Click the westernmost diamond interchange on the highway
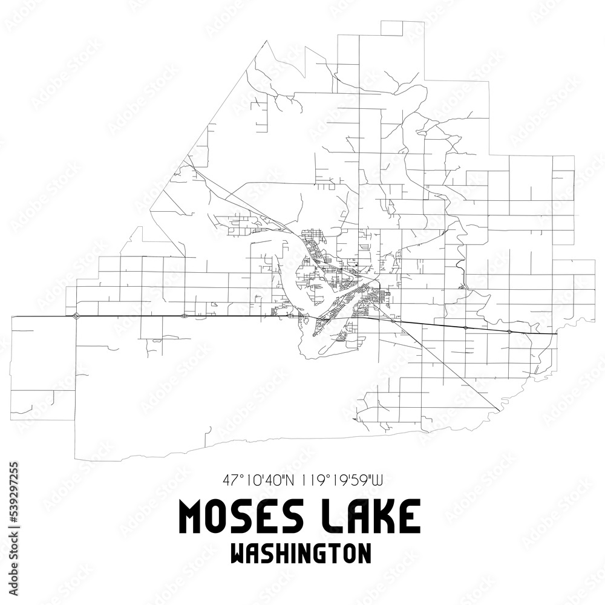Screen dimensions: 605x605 point(76,316)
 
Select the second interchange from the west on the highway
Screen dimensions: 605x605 point(184,316)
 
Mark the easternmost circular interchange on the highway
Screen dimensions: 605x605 point(510,332)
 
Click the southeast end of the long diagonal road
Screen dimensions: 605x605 point(498,411)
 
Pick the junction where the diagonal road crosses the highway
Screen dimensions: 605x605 point(392,321)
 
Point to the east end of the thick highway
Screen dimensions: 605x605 point(557,334)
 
